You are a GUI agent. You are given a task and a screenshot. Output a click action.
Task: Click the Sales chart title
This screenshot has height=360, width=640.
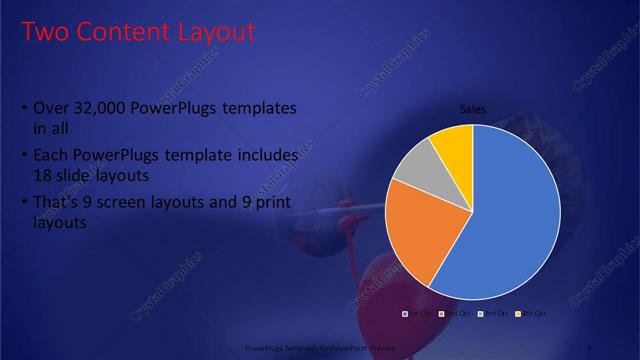(x=472, y=109)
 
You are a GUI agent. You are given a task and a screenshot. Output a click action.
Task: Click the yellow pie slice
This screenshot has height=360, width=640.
(x=454, y=143)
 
